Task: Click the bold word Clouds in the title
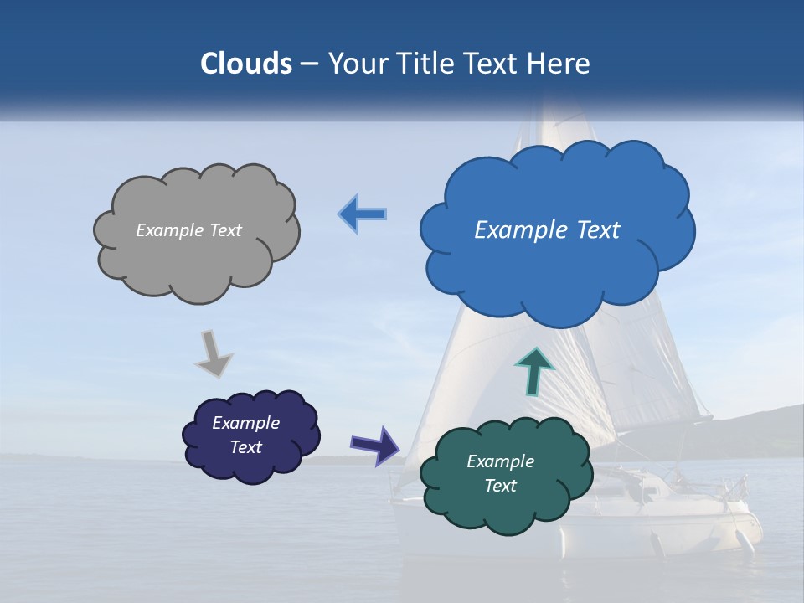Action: click(245, 64)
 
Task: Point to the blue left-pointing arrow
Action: click(363, 214)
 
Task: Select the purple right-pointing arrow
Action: click(375, 445)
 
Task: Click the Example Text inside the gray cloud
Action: click(188, 230)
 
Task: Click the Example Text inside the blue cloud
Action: click(547, 230)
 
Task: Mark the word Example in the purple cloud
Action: click(245, 423)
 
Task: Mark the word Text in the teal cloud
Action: click(500, 486)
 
